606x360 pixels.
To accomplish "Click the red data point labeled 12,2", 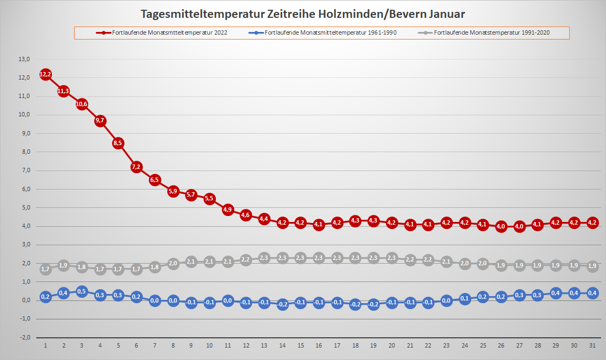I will tap(45, 74).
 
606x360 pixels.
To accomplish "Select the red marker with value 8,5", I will tap(118, 143).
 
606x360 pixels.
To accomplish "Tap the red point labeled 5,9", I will tap(173, 191).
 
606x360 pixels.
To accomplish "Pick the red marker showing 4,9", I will tap(228, 210).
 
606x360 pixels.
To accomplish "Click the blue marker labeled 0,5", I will tap(82, 291).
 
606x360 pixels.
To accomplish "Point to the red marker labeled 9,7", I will tap(100, 121).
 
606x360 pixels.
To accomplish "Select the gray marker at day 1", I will tap(45, 269).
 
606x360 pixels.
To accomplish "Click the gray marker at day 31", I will tap(592, 266).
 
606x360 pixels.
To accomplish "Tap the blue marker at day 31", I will tap(592, 293).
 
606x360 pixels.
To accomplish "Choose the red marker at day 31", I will tap(592, 222).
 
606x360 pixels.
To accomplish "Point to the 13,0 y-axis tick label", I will tap(24, 59).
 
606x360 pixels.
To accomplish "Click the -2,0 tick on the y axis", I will tap(24, 337).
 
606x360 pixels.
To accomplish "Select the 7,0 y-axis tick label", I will tap(24, 171).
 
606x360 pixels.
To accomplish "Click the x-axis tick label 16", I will tap(319, 345).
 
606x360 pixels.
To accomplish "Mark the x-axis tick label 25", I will tap(483, 345).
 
